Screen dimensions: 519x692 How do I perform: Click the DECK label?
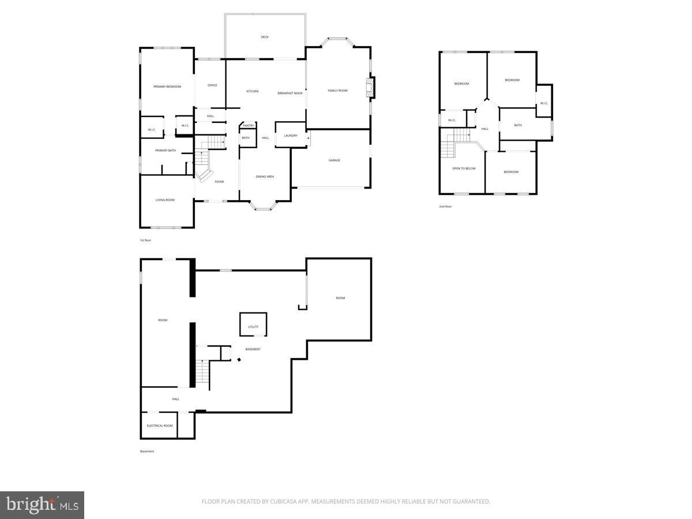(x=265, y=37)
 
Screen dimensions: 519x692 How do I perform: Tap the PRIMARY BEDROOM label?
(x=167, y=86)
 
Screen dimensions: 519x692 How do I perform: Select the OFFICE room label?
(x=212, y=85)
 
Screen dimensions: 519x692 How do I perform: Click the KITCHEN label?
(x=253, y=91)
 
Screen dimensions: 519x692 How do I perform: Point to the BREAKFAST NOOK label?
(x=290, y=93)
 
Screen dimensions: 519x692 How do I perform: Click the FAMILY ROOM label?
(x=338, y=91)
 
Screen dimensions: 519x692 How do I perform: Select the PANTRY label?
(x=249, y=125)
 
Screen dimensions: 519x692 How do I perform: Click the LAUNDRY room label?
(x=291, y=136)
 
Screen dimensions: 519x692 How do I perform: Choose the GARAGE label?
(x=334, y=160)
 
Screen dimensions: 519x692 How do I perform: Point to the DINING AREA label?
(x=265, y=176)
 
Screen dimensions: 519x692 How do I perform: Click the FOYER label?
(x=219, y=182)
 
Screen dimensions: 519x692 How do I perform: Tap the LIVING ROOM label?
(x=165, y=200)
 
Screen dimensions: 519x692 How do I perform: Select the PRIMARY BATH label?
(x=166, y=151)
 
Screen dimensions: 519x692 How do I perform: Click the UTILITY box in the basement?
(x=253, y=326)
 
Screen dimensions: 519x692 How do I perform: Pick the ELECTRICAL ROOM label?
(x=160, y=426)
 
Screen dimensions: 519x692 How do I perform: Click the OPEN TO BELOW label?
(x=464, y=168)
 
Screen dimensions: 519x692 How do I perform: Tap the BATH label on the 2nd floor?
(x=518, y=125)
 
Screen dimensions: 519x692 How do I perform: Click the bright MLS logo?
(x=42, y=505)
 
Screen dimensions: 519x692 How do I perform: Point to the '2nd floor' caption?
(x=445, y=206)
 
